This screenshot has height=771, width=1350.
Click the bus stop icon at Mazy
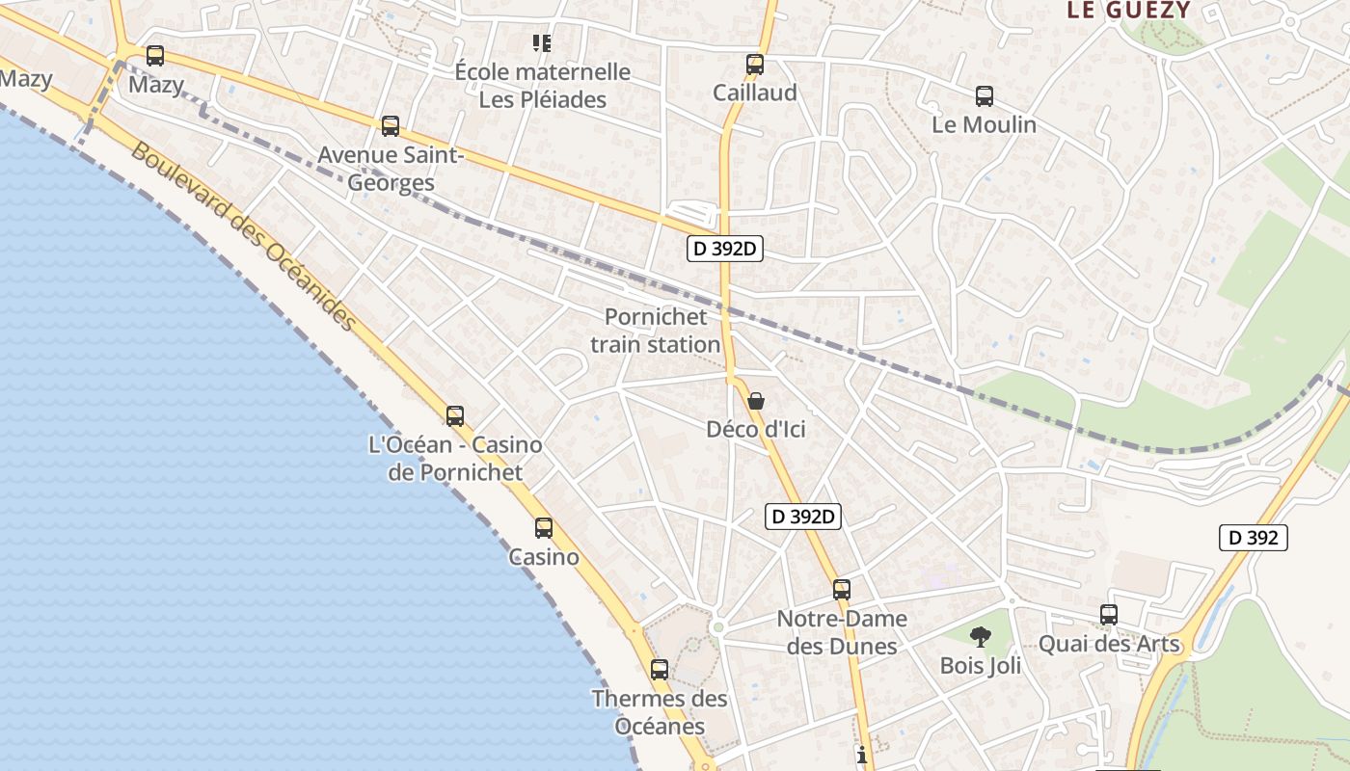(x=155, y=56)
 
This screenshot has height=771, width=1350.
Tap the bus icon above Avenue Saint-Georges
(x=391, y=126)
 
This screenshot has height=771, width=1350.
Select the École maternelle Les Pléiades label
(x=543, y=85)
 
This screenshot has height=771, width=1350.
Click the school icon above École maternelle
(x=542, y=42)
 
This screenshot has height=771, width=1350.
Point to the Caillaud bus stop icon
(x=755, y=65)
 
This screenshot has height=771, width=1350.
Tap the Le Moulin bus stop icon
(x=984, y=96)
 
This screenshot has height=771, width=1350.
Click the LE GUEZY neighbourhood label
(x=1127, y=11)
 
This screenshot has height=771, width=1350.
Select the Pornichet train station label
(x=656, y=331)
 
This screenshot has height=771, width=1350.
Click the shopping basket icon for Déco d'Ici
(x=756, y=401)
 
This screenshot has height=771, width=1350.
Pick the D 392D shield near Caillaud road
(x=725, y=249)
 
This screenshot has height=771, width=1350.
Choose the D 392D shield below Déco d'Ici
(x=803, y=517)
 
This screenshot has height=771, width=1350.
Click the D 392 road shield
(x=1254, y=538)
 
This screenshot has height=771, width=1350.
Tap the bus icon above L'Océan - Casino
(x=455, y=416)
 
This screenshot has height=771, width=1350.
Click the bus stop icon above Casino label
(x=544, y=528)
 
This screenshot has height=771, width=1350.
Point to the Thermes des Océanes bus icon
(x=660, y=669)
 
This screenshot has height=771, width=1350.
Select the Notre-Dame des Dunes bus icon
(x=842, y=590)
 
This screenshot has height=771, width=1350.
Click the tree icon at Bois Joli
(x=981, y=636)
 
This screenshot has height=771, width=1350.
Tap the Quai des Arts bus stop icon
(x=1109, y=614)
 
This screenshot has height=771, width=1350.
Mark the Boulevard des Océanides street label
(x=243, y=236)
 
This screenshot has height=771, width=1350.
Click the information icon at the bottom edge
(x=862, y=755)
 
